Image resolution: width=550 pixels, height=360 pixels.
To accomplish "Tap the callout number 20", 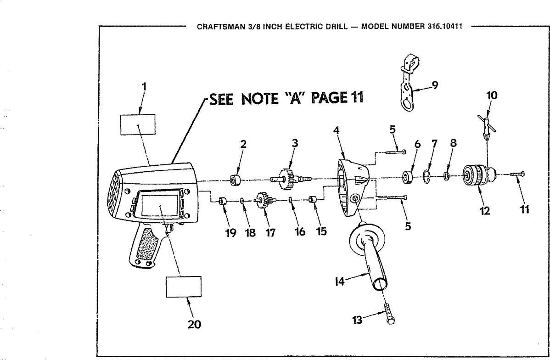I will (x=193, y=325).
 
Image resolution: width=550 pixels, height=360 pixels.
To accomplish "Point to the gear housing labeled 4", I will (x=351, y=188).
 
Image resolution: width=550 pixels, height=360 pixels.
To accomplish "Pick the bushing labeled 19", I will (x=222, y=201).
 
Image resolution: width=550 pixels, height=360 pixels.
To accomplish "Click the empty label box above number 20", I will (x=183, y=287).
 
